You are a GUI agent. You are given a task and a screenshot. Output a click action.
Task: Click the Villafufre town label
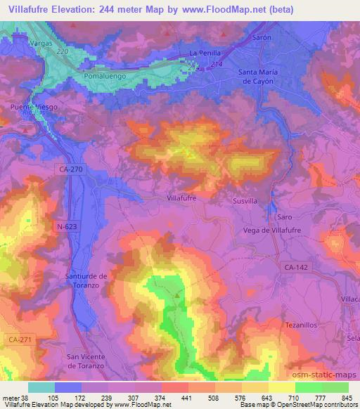181,199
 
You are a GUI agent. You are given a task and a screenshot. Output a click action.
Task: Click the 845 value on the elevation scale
345,398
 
